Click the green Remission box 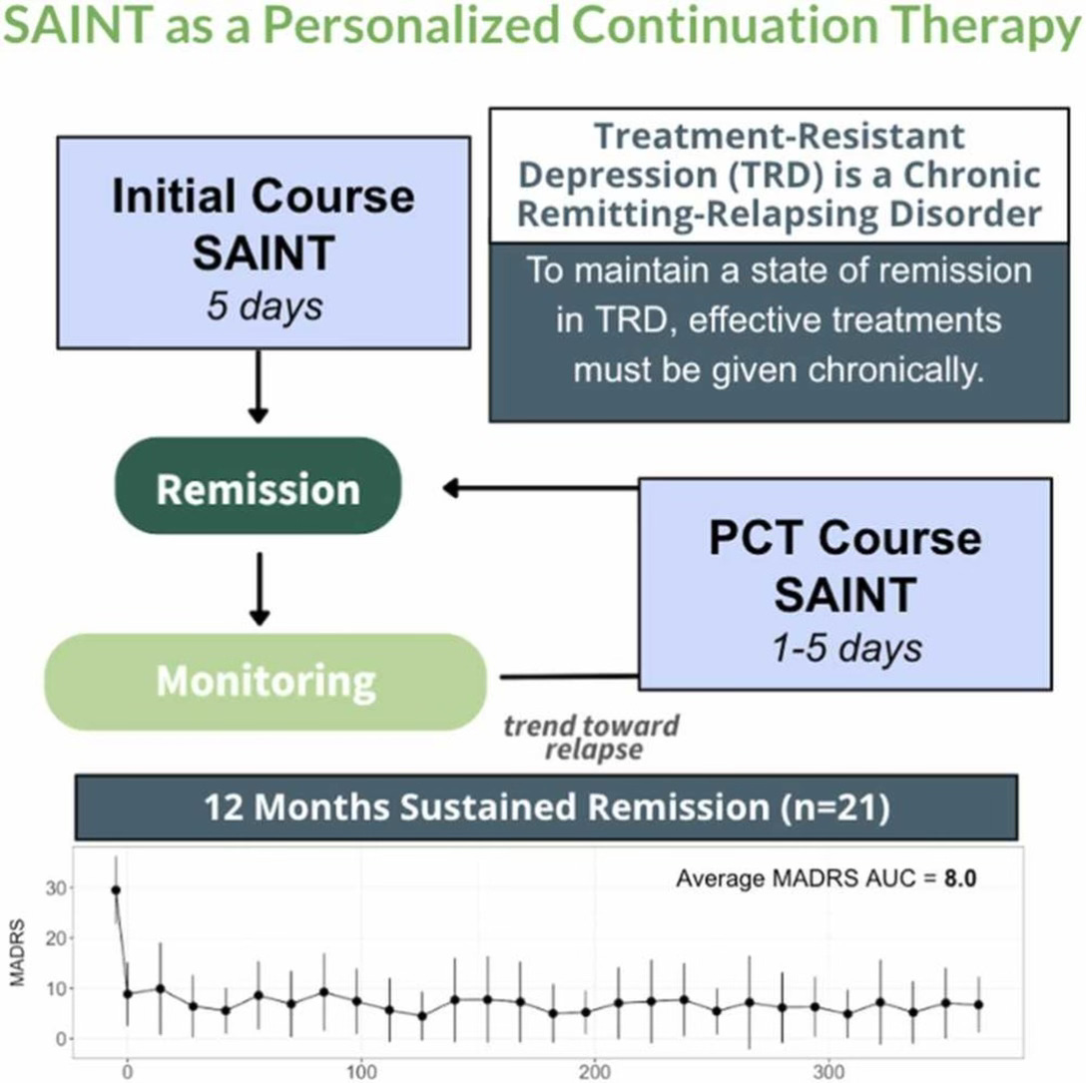(x=259, y=489)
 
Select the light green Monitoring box (x=266, y=681)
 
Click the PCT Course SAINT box (x=844, y=584)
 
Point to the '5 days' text (x=265, y=304)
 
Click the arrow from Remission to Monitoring (x=259, y=589)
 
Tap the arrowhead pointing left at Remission (x=451, y=488)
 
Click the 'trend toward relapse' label (x=591, y=738)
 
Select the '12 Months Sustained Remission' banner (x=546, y=807)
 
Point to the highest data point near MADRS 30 (x=116, y=889)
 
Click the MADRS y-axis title (x=18, y=958)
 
